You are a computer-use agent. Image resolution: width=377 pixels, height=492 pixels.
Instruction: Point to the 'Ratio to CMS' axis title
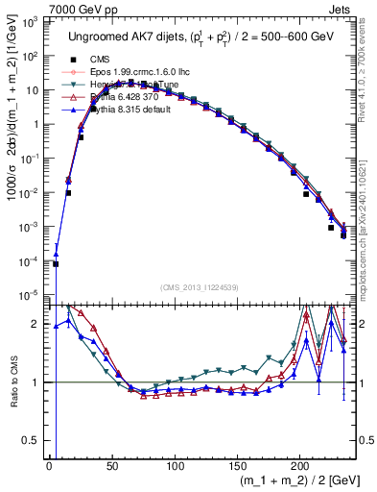pyautogui.click(x=12, y=382)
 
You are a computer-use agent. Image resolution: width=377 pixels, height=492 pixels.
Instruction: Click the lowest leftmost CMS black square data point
pyautogui.click(x=56, y=264)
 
